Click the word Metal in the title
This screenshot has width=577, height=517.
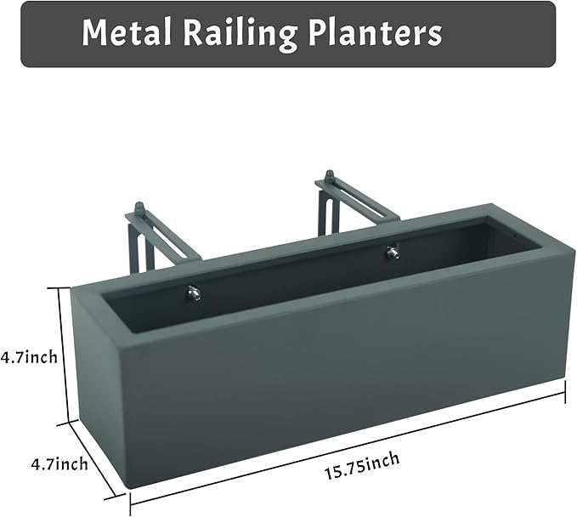coord(127,33)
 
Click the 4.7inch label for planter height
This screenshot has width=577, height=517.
coord(29,356)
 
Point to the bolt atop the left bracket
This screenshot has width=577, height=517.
coord(139,208)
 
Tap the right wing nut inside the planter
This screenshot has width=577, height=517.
coord(393,252)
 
